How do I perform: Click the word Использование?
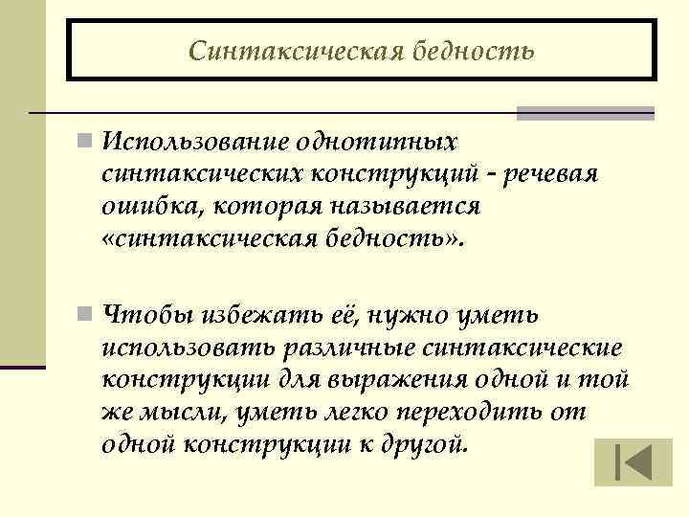[x=194, y=143]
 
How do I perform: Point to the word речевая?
[x=552, y=174]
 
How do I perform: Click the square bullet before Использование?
[x=86, y=144]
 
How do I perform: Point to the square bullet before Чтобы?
[x=86, y=316]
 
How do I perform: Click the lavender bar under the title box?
[x=585, y=113]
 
